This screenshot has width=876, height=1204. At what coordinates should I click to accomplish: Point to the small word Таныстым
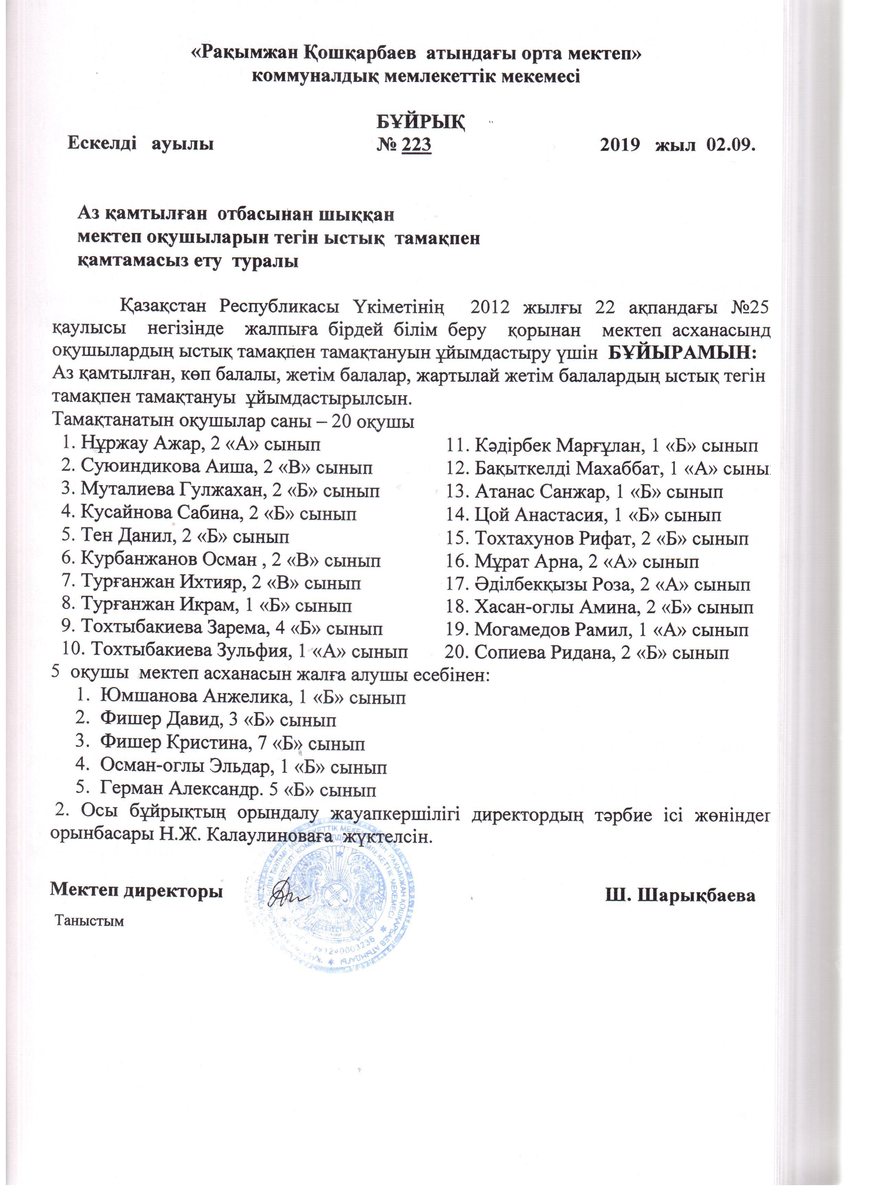pos(90,921)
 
